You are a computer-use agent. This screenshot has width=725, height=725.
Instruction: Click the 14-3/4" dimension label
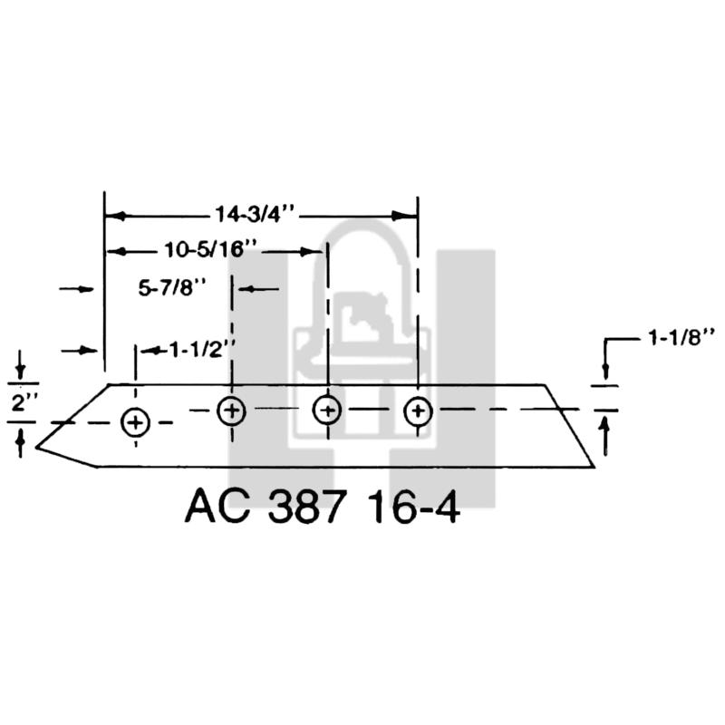click(x=255, y=214)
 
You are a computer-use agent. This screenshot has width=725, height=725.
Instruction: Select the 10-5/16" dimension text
click(x=210, y=250)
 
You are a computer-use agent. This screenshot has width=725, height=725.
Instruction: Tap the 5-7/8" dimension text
click(x=172, y=288)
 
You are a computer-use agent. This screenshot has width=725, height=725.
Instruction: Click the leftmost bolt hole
click(x=135, y=422)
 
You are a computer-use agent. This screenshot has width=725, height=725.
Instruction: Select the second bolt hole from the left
click(x=231, y=411)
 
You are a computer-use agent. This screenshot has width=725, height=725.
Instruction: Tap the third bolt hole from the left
click(x=327, y=411)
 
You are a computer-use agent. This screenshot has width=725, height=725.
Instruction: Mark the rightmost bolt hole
click(x=418, y=411)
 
